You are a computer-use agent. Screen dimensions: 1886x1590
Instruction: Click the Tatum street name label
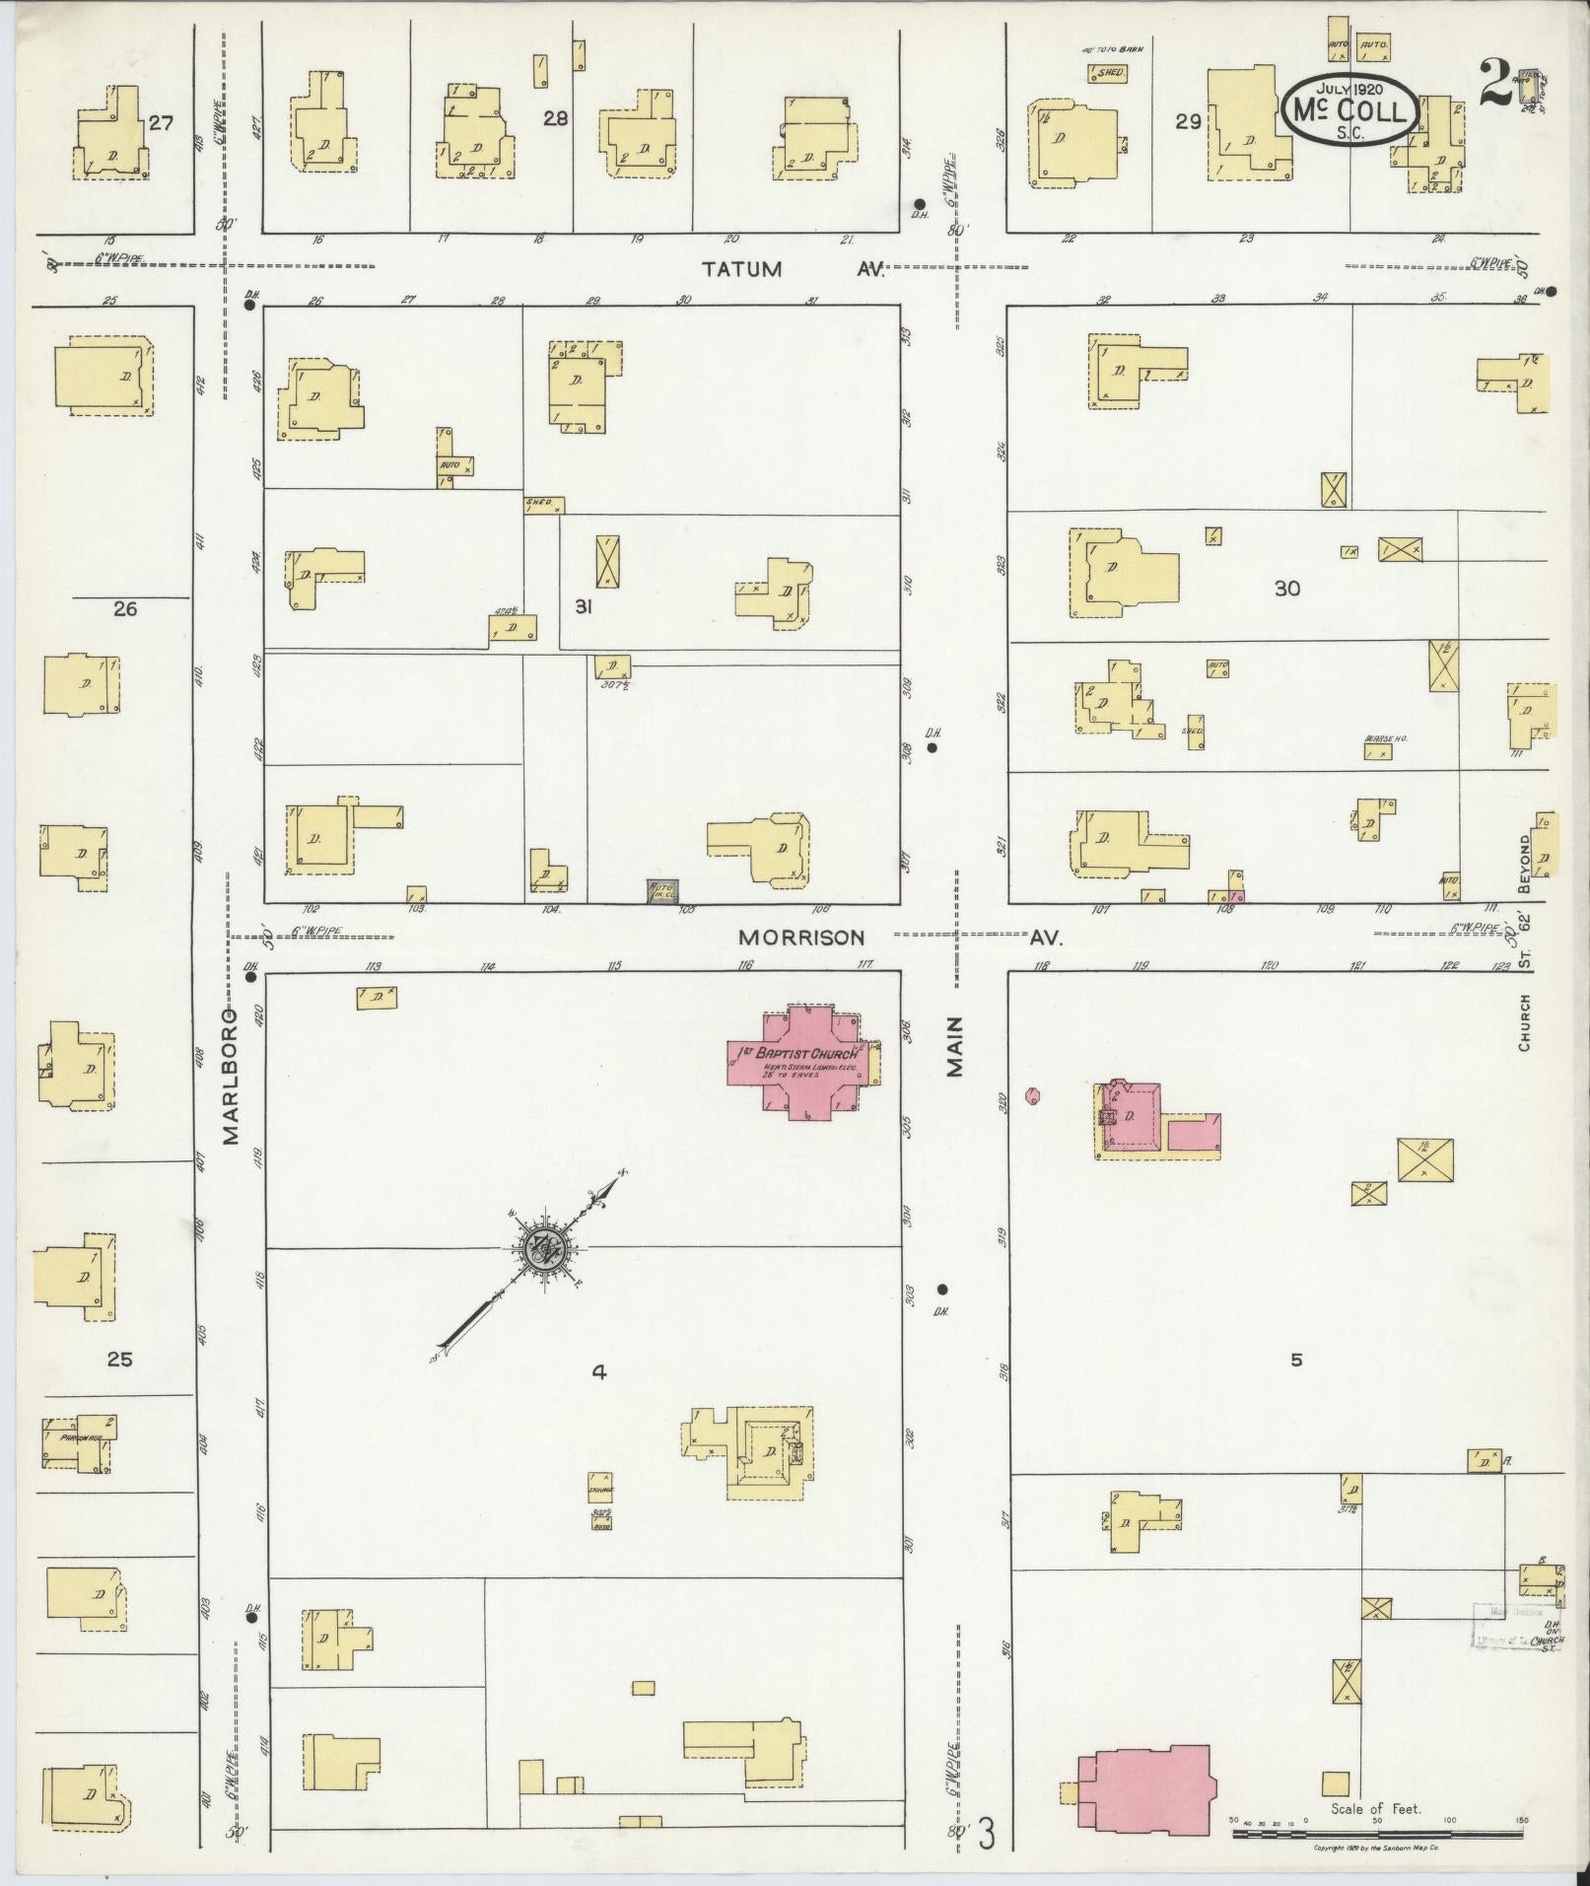click(742, 269)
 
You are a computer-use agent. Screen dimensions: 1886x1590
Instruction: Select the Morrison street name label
click(801, 938)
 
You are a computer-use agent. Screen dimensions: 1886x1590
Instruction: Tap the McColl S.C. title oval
click(1351, 111)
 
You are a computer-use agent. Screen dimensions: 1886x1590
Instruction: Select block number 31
click(583, 607)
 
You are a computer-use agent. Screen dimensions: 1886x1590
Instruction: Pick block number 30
click(1287, 589)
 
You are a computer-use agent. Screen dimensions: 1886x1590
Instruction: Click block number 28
click(556, 118)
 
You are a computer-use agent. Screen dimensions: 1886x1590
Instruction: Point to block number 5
click(1296, 1360)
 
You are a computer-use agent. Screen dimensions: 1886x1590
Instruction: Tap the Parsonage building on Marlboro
click(77, 1444)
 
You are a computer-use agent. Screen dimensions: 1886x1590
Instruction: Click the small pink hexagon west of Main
click(1032, 1094)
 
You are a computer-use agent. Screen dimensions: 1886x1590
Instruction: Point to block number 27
click(161, 123)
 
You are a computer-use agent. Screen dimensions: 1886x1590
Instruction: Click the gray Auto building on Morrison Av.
click(661, 890)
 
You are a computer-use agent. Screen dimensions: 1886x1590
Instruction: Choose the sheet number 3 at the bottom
click(987, 1835)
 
